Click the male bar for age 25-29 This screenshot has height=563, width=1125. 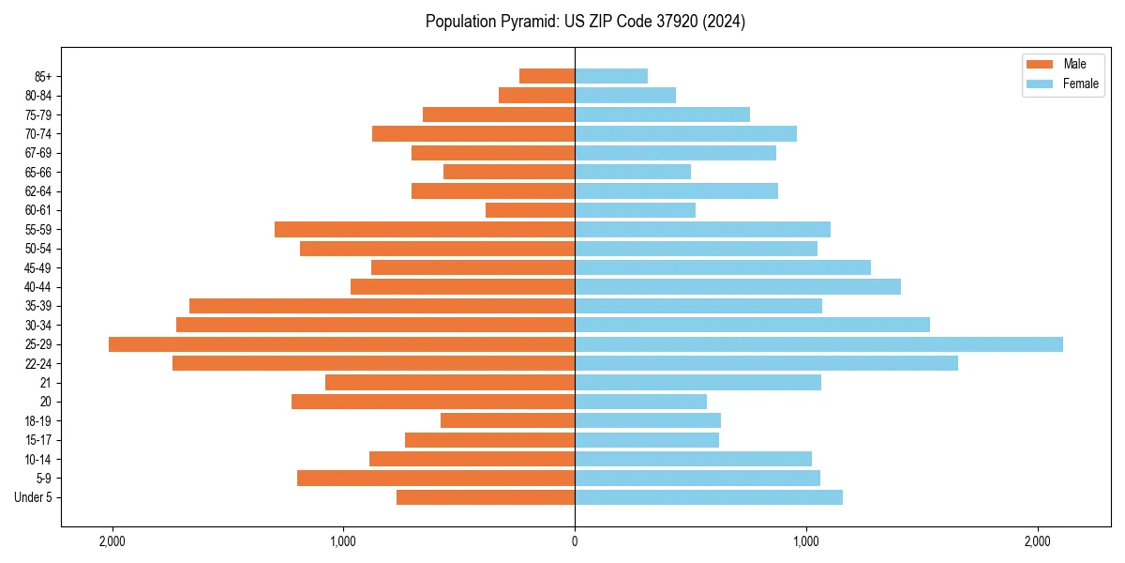[x=341, y=344]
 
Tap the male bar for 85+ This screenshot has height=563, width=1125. [x=547, y=76]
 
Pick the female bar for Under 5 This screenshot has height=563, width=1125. [x=709, y=497]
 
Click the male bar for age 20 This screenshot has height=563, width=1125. [x=433, y=402]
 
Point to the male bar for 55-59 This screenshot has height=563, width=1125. [x=425, y=230]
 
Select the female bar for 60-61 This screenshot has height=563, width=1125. [x=635, y=210]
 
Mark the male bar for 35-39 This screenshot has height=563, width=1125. [x=382, y=306]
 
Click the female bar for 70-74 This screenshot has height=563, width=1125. [x=685, y=134]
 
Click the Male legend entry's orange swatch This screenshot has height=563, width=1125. [x=1041, y=64]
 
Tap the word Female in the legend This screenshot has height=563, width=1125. [x=1080, y=84]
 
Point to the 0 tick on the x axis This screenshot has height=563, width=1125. [x=575, y=541]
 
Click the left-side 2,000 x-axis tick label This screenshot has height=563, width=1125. [x=112, y=541]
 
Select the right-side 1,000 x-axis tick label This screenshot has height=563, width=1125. [x=806, y=541]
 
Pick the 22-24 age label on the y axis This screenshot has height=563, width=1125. [x=38, y=364]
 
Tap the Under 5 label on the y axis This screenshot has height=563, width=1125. [x=34, y=497]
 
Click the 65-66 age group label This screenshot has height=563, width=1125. [x=38, y=173]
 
